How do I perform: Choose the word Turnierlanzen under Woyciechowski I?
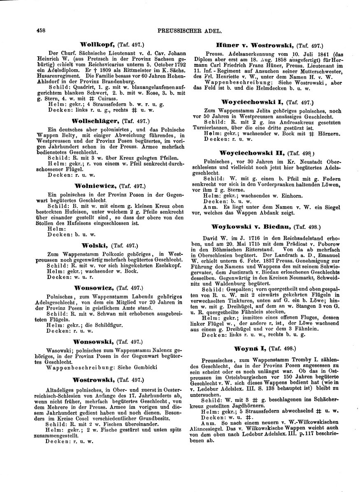click(224, 128)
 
